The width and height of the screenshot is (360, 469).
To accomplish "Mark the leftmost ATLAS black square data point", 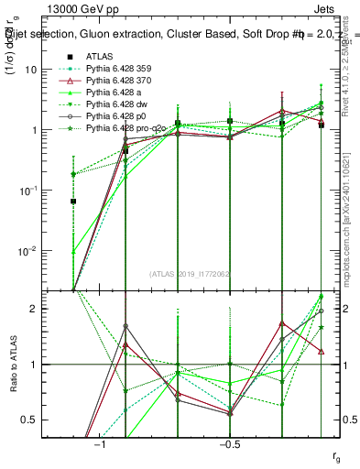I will coord(73,202).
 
